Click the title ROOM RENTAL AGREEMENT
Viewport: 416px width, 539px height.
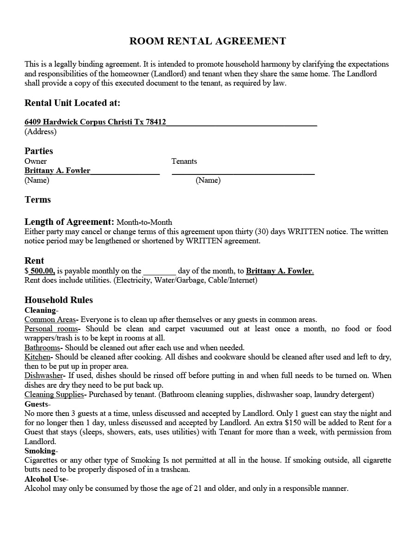[208, 41]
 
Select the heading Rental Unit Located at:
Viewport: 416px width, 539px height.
[72, 103]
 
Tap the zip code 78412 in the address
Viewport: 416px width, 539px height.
[156, 122]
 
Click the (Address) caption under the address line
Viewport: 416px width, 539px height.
[40, 132]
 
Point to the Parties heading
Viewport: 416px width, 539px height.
[39, 151]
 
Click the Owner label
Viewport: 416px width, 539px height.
[36, 161]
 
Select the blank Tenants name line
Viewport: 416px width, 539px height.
[243, 171]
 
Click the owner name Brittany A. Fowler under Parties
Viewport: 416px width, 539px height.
[57, 171]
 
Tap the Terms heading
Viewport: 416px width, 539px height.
[37, 199]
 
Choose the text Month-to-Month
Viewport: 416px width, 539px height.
[144, 223]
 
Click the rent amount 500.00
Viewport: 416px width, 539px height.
[42, 271]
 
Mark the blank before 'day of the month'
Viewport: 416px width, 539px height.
[159, 272]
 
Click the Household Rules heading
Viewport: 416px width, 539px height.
[59, 300]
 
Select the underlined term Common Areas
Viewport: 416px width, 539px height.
[50, 320]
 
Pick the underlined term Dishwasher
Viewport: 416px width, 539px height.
[43, 376]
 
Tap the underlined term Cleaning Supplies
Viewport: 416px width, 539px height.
[54, 395]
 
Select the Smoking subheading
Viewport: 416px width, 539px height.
[41, 451]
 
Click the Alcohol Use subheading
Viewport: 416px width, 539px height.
[46, 479]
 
